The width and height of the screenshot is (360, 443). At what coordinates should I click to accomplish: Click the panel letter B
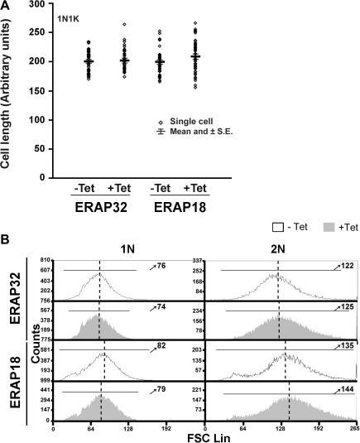coord(7,238)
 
